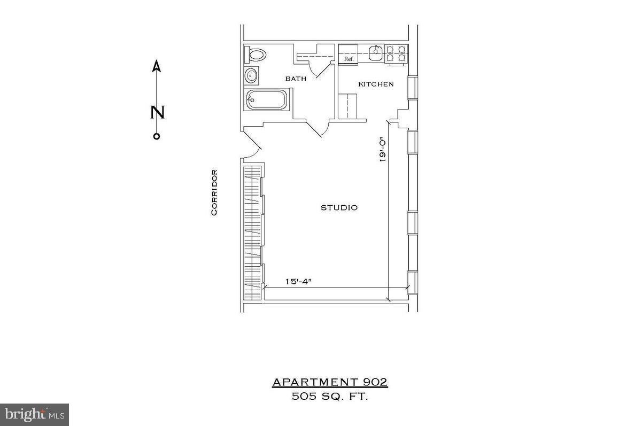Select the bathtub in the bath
[266, 100]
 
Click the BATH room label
[296, 79]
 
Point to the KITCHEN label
[376, 84]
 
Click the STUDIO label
[339, 207]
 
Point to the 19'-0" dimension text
[382, 150]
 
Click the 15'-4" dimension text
[298, 281]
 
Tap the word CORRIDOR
[214, 192]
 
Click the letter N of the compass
[157, 113]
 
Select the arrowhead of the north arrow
[157, 66]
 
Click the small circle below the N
[157, 136]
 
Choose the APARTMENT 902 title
[329, 382]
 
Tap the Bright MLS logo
[34, 414]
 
